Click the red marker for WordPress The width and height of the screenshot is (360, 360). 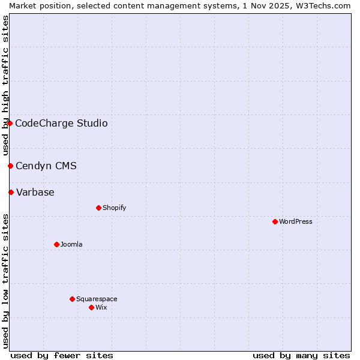click(275, 221)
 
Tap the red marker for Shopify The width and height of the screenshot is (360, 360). click(98, 208)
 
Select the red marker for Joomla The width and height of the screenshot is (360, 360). click(56, 244)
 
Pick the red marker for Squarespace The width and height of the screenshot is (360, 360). click(72, 299)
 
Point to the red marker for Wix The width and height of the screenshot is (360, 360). click(91, 307)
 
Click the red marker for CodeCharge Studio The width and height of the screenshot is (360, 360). click(10, 123)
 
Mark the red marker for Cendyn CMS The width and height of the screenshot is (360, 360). click(10, 166)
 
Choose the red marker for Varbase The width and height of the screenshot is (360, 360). click(11, 192)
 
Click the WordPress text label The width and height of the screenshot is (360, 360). click(296, 221)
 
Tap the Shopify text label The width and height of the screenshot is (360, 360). click(114, 208)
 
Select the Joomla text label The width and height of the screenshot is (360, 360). click(71, 244)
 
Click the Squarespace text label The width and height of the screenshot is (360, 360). click(97, 299)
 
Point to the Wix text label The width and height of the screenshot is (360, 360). click(101, 307)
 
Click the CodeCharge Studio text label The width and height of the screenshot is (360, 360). click(61, 123)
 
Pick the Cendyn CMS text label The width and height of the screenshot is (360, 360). click(46, 166)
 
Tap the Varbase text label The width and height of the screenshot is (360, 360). click(35, 192)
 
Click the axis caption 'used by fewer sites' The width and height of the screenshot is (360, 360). click(62, 355)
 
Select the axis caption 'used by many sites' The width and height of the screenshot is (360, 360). click(301, 355)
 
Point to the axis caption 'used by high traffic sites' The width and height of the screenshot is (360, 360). click(5, 85)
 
